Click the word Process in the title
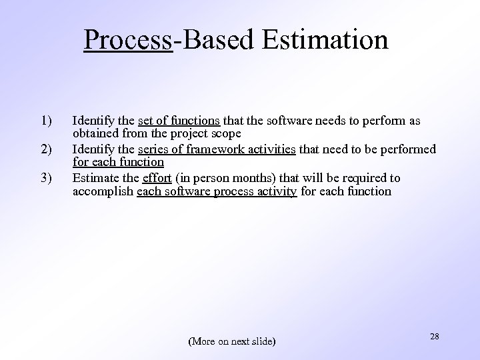128,39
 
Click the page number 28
435,337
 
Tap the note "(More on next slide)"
232,341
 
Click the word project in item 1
189,134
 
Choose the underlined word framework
215,149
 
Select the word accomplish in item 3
103,191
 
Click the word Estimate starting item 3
95,178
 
